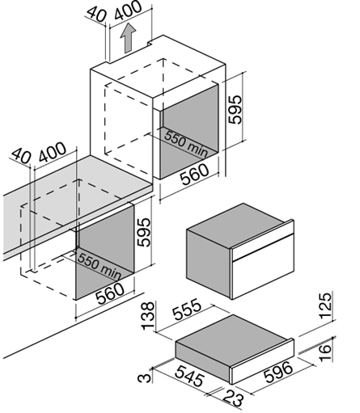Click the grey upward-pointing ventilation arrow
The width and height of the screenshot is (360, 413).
(128, 38)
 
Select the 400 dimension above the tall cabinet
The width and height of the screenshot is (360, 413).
(127, 11)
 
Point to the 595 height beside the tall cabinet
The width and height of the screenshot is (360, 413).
(235, 109)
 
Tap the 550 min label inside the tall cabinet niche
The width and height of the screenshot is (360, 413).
(186, 144)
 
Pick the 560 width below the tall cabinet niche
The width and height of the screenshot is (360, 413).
(194, 174)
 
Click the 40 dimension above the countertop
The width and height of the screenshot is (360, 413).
(22, 156)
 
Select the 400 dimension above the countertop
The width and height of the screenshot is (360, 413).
(53, 152)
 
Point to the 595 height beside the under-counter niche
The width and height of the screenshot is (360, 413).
(143, 232)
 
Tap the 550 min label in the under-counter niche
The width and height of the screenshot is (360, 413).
(100, 266)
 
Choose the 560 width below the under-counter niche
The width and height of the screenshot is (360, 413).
(110, 294)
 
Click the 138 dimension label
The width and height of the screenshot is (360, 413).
(148, 316)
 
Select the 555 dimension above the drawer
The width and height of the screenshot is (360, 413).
(187, 309)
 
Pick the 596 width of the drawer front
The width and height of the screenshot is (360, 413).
(278, 372)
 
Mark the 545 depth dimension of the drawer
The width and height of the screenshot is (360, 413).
(189, 376)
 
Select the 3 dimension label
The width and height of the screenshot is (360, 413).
(145, 377)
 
